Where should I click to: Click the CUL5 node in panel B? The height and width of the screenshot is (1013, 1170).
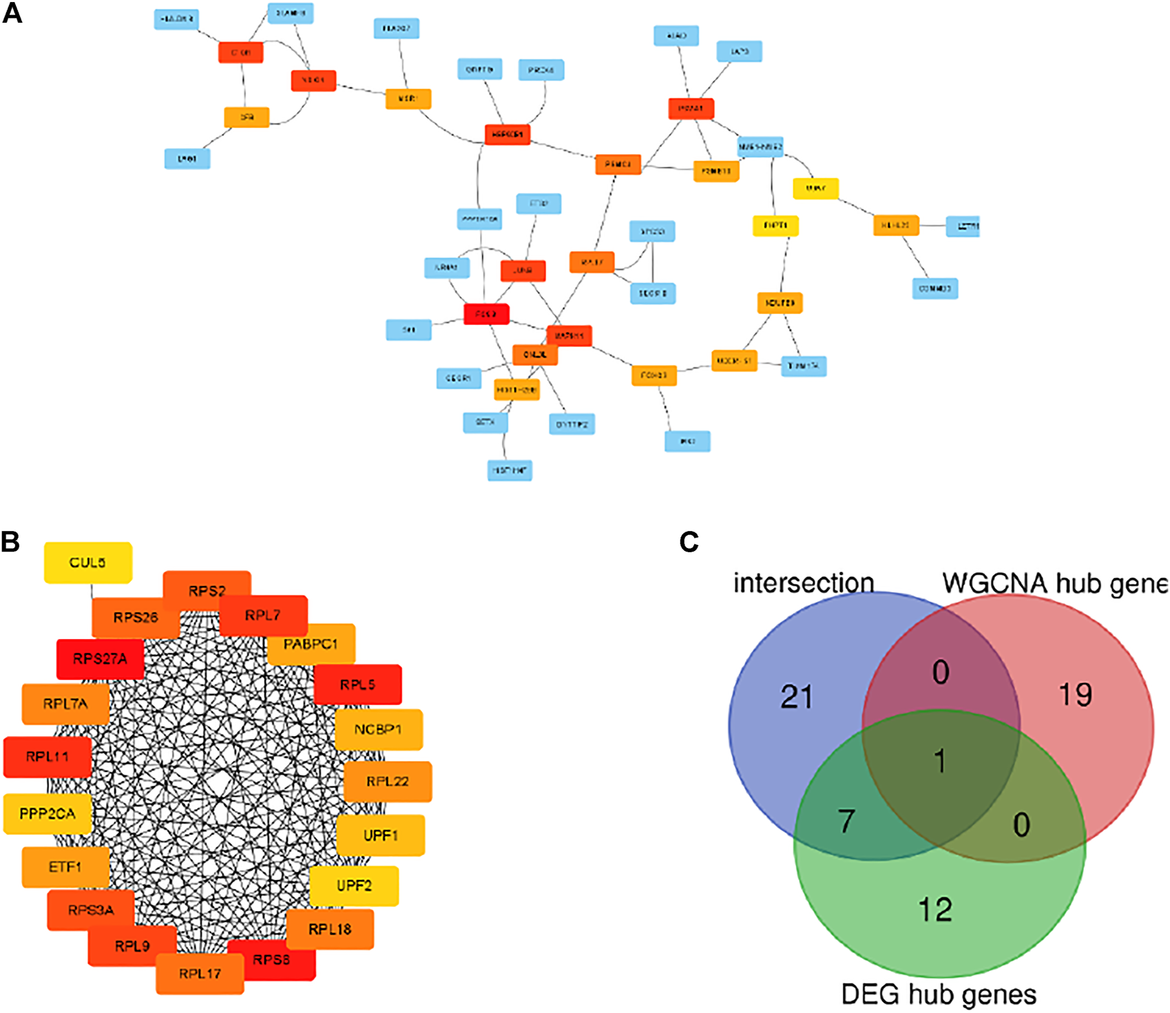coord(87,563)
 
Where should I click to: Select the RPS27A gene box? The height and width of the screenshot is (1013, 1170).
coord(100,659)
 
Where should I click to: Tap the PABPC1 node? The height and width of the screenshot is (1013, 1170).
coord(311,645)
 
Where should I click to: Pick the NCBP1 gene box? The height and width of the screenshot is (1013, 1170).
coord(378,729)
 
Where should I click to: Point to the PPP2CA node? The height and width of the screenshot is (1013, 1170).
coord(47,814)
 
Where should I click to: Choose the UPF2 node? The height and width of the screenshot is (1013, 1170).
coord(354,886)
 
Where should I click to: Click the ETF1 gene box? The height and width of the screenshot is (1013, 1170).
coord(65,867)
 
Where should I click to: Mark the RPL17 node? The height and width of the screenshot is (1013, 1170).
coord(200,974)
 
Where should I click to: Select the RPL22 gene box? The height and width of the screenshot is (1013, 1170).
coord(388,782)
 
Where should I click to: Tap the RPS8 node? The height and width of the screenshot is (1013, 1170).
coord(271,959)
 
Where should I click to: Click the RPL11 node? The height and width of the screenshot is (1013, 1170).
coord(47,757)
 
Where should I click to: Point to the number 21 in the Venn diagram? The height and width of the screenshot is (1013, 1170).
coord(797,697)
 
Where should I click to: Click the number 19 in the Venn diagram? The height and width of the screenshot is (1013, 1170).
coord(1075,695)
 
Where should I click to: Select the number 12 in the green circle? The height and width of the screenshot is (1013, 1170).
coord(935,910)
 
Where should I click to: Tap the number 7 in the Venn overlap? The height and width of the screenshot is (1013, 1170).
coord(846,820)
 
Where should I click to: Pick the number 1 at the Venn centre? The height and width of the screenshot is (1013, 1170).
coord(940,761)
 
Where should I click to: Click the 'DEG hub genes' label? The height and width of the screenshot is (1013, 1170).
coord(939,994)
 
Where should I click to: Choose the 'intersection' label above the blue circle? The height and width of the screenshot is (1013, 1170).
coord(803,583)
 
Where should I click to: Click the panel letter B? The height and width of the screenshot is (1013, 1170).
coord(10,542)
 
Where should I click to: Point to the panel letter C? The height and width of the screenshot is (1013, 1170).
coord(689,542)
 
